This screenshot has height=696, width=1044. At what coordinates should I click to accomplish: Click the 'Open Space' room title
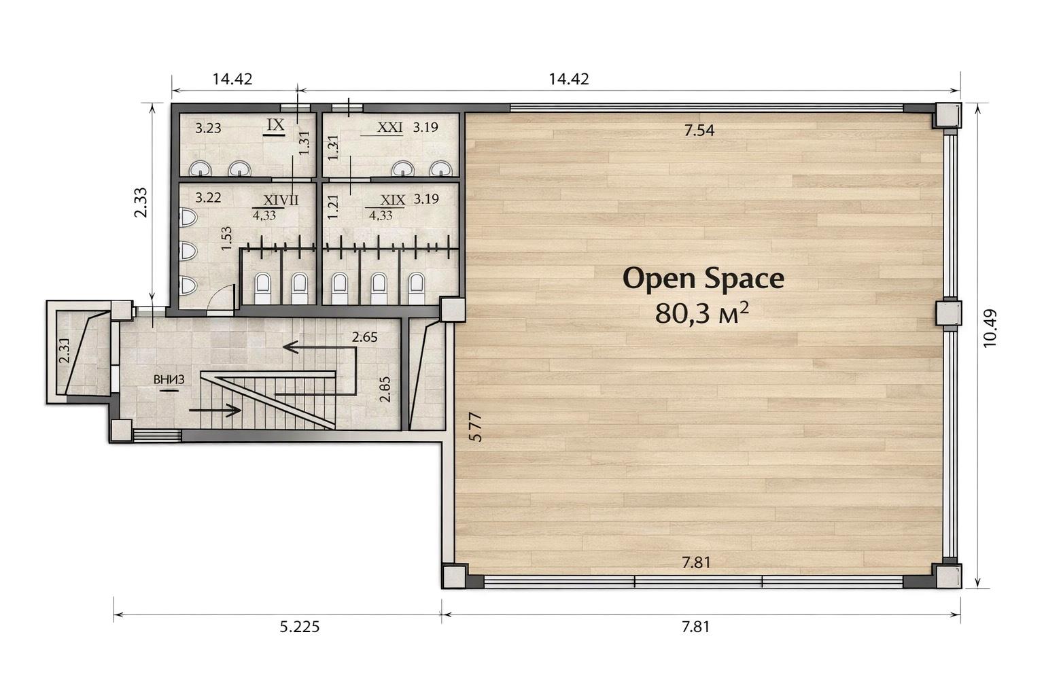703,279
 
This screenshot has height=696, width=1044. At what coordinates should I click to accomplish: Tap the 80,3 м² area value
702,313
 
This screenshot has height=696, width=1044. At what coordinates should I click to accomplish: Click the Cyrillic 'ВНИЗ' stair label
169,379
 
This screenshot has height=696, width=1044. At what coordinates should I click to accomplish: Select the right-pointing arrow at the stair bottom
215,411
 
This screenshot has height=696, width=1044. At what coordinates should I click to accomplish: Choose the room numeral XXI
389,127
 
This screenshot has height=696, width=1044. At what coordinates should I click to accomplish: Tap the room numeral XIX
392,200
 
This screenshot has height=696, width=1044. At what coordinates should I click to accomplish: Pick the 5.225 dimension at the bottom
300,627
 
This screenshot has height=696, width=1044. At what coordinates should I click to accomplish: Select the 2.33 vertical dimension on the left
140,203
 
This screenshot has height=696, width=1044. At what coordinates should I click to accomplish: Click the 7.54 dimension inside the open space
699,130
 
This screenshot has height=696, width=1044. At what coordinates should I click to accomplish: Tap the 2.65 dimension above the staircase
364,337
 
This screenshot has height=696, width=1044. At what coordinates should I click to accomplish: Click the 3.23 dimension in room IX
208,128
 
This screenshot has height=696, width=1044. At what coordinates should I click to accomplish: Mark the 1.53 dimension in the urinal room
226,238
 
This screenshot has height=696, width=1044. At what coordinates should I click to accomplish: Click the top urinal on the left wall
188,217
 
